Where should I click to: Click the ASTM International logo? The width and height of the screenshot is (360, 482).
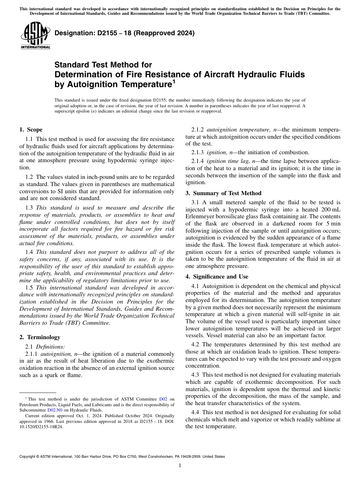(x=35, y=36)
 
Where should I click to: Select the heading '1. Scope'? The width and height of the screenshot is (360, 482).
(x=31, y=130)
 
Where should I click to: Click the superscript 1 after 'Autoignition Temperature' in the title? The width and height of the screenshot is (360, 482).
(x=174, y=81)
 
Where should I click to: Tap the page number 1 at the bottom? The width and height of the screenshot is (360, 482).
(x=180, y=466)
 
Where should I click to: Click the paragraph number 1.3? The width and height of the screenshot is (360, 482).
(x=30, y=208)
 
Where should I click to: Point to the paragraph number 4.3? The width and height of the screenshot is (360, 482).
(x=196, y=374)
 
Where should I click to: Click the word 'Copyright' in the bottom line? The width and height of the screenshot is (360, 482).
(x=29, y=457)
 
